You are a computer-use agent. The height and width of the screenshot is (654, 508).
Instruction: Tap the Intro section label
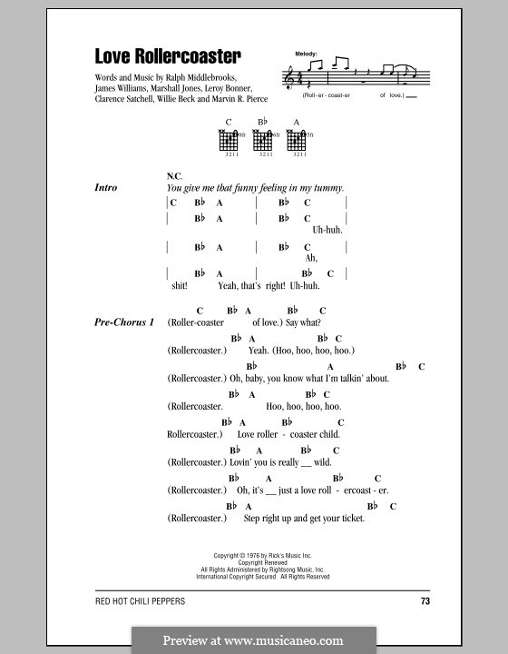pos(106,188)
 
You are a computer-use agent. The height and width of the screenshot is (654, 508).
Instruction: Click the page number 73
pos(425,601)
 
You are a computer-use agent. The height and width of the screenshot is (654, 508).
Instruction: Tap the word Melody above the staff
pos(307,55)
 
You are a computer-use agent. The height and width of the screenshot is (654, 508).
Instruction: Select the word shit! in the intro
pos(178,285)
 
